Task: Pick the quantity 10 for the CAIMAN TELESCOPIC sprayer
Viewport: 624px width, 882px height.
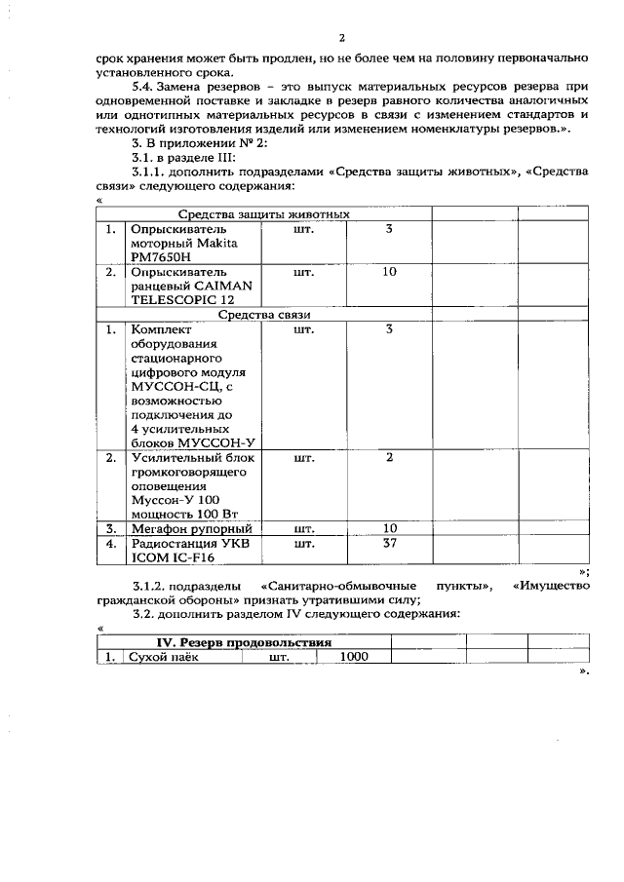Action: [389, 272]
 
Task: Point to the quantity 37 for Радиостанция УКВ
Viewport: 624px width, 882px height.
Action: [389, 543]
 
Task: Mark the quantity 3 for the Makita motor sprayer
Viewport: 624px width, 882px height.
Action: [389, 228]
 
